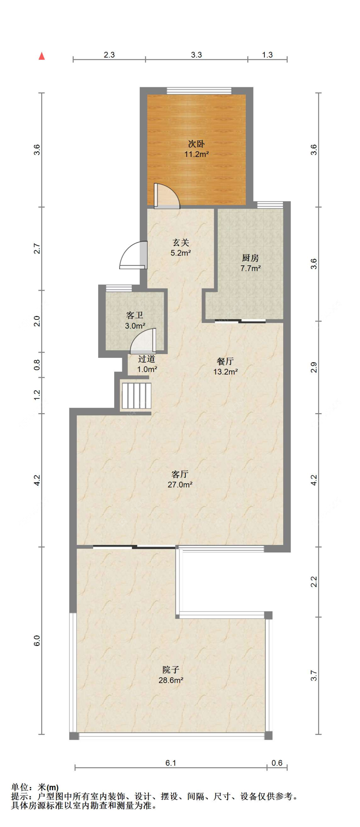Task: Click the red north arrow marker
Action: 41,56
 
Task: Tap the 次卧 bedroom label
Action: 196,144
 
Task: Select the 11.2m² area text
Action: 196,154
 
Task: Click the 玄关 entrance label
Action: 181,242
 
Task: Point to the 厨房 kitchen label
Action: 250,257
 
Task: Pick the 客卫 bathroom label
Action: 135,315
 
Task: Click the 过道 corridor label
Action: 147,358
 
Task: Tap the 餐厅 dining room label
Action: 226,361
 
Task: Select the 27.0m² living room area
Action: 180,484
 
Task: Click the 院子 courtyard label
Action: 171,670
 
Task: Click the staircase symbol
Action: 136,396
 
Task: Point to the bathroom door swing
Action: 143,340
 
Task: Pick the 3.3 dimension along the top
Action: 196,55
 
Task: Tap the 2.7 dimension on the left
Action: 37,249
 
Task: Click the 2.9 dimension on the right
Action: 314,367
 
